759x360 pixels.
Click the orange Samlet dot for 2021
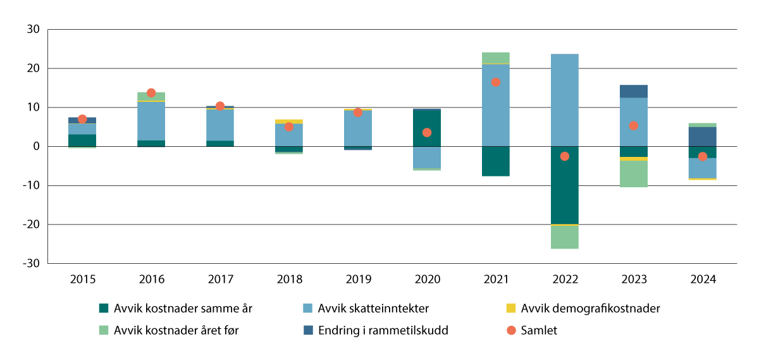click(495, 82)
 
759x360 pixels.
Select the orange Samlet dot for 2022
click(564, 156)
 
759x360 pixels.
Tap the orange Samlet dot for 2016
click(151, 93)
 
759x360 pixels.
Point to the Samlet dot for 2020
click(427, 133)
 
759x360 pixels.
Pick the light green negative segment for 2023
click(633, 174)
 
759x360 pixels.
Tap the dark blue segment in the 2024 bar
click(702, 136)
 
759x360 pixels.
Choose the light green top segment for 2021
click(495, 58)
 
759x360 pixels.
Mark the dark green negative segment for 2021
click(495, 161)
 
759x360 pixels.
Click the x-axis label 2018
click(289, 279)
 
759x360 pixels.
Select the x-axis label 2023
click(633, 279)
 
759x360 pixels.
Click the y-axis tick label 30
click(34, 29)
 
